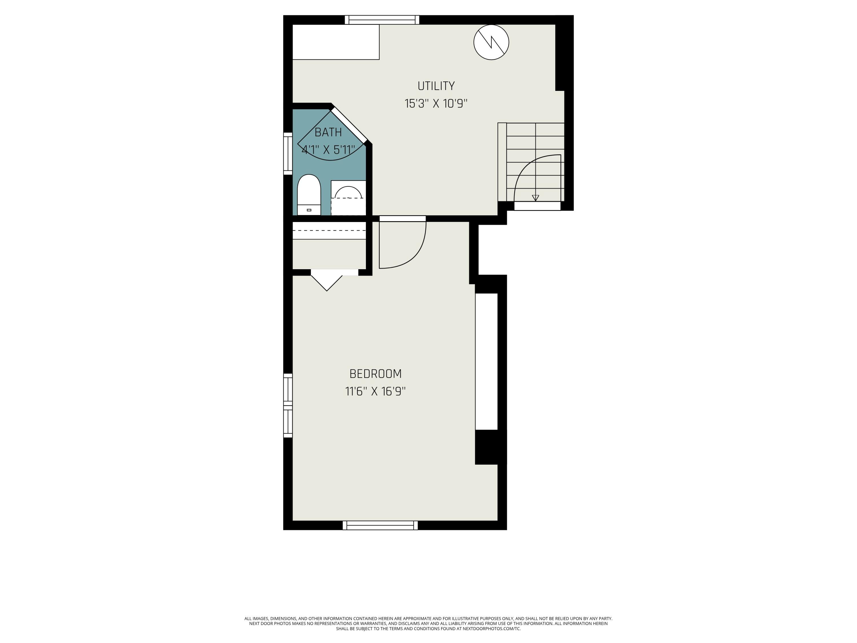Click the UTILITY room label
click(436, 86)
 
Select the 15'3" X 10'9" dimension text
click(436, 104)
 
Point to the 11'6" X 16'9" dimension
click(375, 392)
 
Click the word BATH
click(328, 133)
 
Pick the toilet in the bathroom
click(309, 195)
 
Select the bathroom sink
click(348, 198)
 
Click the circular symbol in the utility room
click(491, 42)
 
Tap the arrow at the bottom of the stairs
click(535, 198)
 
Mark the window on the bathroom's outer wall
click(288, 153)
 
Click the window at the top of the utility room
click(382, 20)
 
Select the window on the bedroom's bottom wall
click(380, 525)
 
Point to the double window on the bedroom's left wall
click(288, 406)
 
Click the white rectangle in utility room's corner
click(336, 42)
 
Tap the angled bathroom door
click(349, 125)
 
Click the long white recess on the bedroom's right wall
click(486, 362)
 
